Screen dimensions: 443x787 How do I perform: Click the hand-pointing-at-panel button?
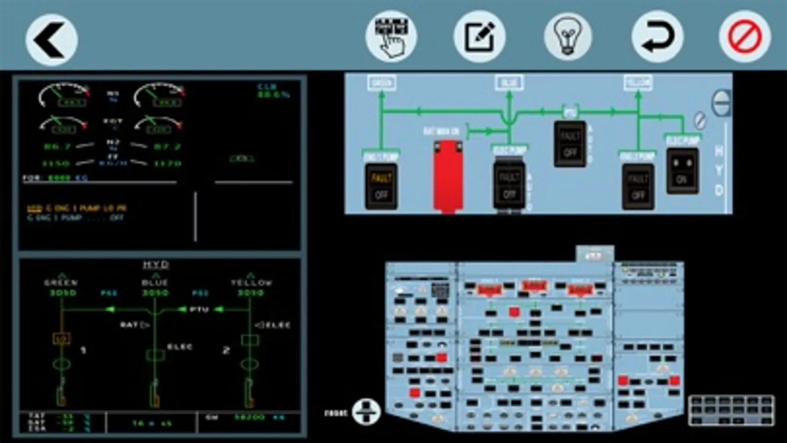(391, 36)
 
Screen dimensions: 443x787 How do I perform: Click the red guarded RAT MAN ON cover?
(447, 175)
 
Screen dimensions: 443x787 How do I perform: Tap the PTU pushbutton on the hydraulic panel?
(570, 144)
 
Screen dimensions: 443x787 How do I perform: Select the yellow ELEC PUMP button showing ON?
(682, 170)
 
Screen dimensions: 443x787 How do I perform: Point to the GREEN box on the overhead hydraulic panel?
(381, 83)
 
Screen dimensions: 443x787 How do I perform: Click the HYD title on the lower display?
(156, 265)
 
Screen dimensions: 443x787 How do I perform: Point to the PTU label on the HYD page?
(199, 310)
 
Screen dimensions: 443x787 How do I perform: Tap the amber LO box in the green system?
(61, 339)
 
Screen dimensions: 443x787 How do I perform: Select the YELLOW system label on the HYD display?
(251, 283)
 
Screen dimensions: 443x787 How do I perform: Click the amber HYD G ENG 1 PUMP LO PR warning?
(77, 208)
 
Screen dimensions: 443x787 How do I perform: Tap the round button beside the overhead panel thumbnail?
(366, 411)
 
